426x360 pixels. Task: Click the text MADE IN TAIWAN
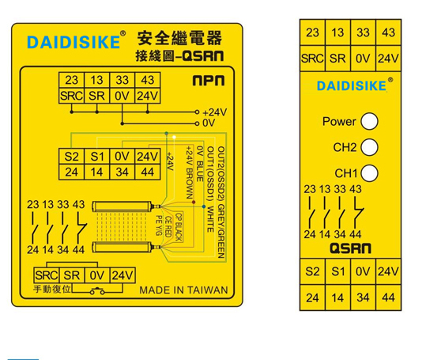click(x=183, y=290)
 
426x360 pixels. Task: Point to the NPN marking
click(x=209, y=80)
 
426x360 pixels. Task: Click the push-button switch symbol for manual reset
click(x=97, y=291)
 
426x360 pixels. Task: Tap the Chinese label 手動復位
click(x=52, y=289)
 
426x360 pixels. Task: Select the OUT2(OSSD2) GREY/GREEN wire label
click(x=221, y=203)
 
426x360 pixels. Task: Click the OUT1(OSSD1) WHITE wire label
click(x=210, y=189)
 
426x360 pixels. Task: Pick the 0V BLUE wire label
click(x=200, y=164)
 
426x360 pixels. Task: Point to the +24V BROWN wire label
click(x=190, y=172)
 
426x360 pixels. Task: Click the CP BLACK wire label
click(x=179, y=227)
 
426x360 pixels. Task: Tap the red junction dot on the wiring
click(x=194, y=203)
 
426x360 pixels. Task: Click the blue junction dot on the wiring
click(x=204, y=207)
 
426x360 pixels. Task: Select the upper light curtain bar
click(x=122, y=207)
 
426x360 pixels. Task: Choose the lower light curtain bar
click(x=122, y=247)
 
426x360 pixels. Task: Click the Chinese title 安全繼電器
click(x=179, y=38)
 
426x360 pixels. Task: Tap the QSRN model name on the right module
click(x=350, y=248)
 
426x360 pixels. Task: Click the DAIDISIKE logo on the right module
click(x=352, y=86)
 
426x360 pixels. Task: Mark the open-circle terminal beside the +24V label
click(x=198, y=112)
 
